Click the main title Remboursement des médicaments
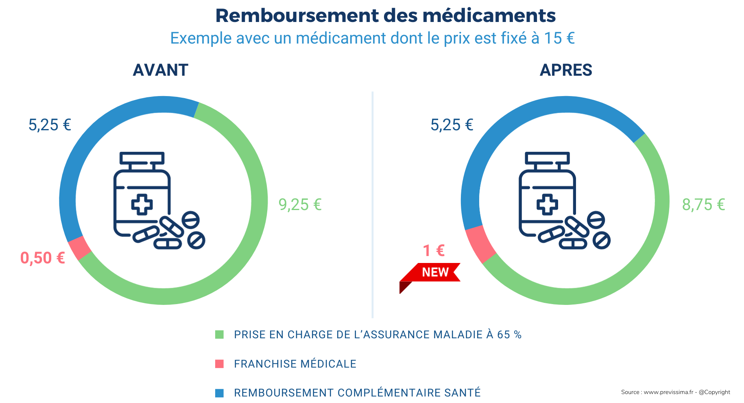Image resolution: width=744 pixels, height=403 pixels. point(385,16)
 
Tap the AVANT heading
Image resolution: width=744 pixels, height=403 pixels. point(160,70)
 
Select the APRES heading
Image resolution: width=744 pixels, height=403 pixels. point(565,70)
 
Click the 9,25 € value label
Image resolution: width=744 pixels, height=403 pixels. point(300,204)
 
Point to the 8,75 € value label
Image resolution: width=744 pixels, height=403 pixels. point(703,204)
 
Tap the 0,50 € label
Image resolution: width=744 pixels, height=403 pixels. point(43,258)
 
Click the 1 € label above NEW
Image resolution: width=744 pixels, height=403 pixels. point(434,251)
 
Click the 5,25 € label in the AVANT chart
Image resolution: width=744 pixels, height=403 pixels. point(50,125)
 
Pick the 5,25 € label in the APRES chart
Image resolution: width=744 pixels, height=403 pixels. point(452,125)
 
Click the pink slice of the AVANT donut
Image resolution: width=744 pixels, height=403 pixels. point(80,247)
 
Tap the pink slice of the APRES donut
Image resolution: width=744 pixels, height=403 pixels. point(480,244)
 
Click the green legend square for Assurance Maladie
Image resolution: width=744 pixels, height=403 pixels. point(219,335)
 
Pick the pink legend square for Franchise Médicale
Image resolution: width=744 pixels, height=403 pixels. point(219,364)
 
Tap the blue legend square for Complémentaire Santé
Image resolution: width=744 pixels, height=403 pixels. point(219,393)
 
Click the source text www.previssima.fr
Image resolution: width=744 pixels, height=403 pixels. point(675,392)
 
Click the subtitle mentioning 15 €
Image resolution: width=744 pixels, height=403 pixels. point(372,38)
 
